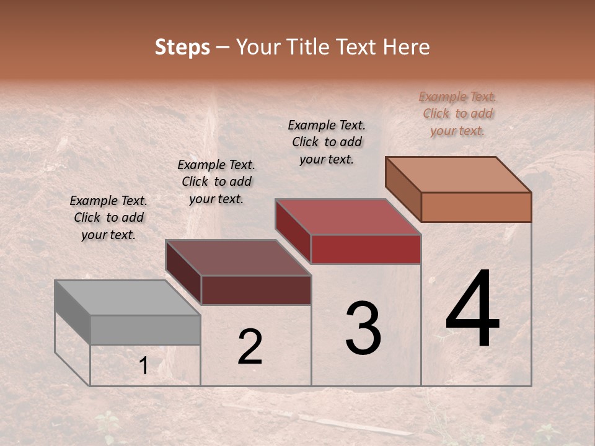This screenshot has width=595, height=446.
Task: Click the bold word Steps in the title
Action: (x=182, y=47)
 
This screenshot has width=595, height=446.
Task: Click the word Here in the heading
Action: (x=405, y=47)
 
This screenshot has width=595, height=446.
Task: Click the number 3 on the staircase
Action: (x=363, y=328)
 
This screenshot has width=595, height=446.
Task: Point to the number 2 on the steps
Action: (x=250, y=347)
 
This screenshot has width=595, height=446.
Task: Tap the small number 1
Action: (x=144, y=366)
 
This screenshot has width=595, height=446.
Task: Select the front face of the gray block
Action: (x=145, y=330)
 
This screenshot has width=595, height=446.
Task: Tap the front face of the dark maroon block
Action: (x=256, y=290)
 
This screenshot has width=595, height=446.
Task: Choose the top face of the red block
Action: (x=348, y=217)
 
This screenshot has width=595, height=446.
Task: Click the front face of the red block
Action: (x=366, y=249)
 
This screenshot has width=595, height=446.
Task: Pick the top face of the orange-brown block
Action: (x=458, y=175)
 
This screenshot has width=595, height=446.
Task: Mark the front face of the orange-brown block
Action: (x=476, y=207)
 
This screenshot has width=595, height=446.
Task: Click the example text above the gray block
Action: (x=108, y=217)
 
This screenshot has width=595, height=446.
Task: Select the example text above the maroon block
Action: (x=216, y=181)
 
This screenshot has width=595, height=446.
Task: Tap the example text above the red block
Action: (x=327, y=142)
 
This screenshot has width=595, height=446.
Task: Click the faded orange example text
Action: (x=457, y=113)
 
